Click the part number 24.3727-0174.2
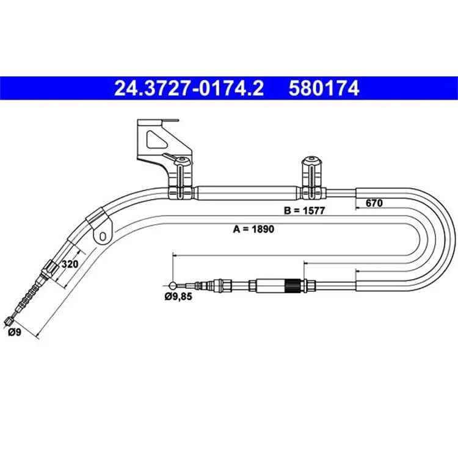click(189, 88)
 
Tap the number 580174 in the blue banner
click(324, 88)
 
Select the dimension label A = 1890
click(253, 229)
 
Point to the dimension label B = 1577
click(304, 211)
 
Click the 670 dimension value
click(374, 203)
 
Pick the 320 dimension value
click(70, 264)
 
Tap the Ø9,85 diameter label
click(178, 297)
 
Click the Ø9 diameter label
click(15, 332)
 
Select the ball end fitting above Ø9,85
click(173, 285)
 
